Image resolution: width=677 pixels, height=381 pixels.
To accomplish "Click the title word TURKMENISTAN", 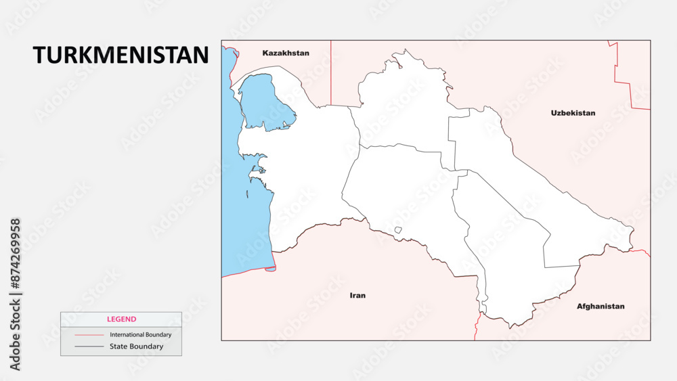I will click(x=121, y=55).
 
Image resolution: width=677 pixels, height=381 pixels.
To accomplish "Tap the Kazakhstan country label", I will click(x=286, y=53).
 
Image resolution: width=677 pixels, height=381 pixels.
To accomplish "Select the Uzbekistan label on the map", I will click(x=573, y=113).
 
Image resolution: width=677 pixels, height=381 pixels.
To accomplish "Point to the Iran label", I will click(x=357, y=295).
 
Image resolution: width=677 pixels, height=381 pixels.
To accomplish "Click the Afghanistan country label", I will click(x=600, y=306).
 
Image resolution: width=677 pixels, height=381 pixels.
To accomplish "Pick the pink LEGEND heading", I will click(x=121, y=319).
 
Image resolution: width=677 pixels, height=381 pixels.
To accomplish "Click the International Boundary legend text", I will click(x=141, y=334).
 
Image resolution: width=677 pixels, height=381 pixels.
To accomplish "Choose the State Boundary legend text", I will click(x=136, y=346).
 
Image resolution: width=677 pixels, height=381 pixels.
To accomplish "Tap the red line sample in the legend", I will click(x=89, y=335).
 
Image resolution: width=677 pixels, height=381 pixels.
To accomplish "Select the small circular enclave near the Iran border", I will click(x=398, y=230).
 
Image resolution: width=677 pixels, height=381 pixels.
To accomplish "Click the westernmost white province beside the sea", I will click(x=305, y=176).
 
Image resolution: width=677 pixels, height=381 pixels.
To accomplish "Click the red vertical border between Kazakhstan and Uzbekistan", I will click(x=330, y=71).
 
